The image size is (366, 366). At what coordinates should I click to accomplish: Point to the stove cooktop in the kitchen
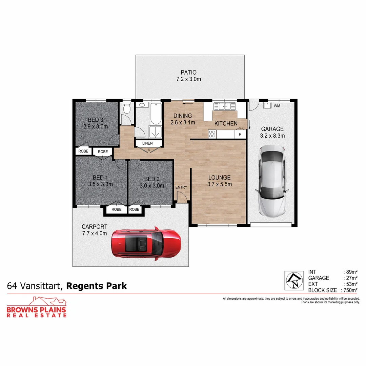click(212, 134)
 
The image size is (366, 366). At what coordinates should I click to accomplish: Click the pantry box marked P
click(240, 135)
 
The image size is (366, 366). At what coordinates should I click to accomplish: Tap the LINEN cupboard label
click(147, 143)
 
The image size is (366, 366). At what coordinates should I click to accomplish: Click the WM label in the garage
click(277, 106)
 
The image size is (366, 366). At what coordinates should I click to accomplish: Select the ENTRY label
click(181, 187)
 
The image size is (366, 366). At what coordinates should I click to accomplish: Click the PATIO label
click(188, 72)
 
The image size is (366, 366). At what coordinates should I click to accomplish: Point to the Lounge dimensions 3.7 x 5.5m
click(220, 184)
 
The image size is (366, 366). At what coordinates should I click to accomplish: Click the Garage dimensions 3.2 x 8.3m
click(272, 136)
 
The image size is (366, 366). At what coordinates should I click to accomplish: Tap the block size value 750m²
click(351, 290)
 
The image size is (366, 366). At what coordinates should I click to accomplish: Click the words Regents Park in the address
click(96, 286)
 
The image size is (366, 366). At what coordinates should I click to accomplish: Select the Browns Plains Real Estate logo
click(37, 307)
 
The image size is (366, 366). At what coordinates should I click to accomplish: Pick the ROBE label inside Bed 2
click(134, 209)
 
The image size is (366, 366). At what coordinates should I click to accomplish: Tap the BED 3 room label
click(96, 120)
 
